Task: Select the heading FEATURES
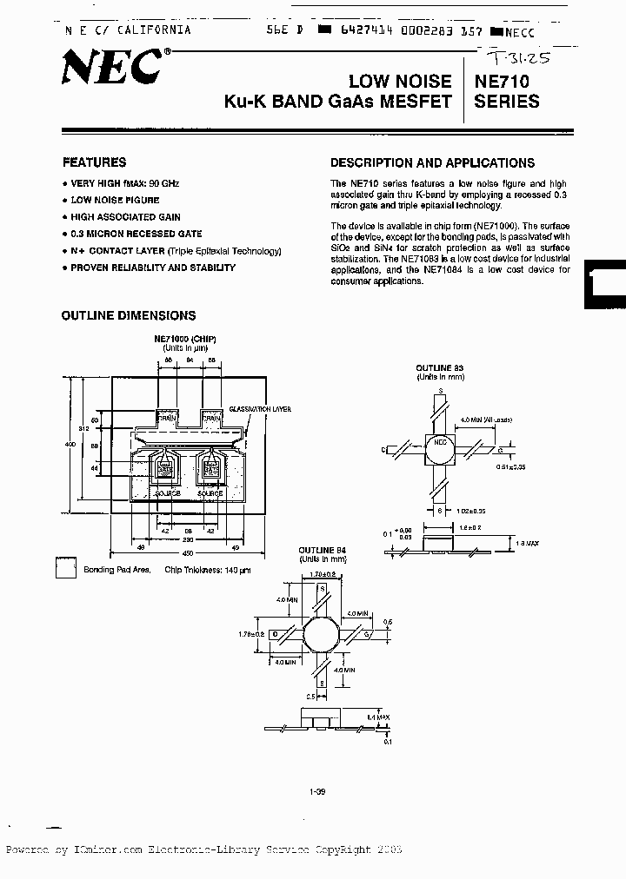(94, 162)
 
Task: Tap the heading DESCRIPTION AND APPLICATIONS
(432, 163)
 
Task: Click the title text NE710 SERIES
(507, 91)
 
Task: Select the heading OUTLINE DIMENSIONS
(129, 315)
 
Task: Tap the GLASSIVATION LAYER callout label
(261, 409)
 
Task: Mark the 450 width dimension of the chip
(187, 553)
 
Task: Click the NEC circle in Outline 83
(441, 446)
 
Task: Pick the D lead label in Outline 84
(275, 633)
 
